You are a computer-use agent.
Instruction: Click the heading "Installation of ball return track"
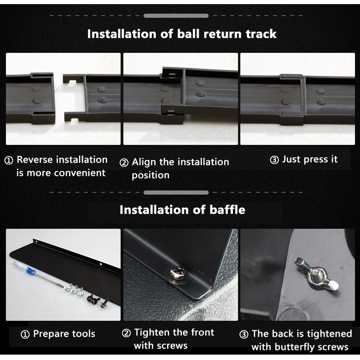click(x=182, y=34)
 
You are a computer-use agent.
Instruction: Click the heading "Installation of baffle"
click(x=182, y=210)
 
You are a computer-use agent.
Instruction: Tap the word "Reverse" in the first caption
click(x=35, y=159)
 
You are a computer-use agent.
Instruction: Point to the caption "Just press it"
click(x=310, y=159)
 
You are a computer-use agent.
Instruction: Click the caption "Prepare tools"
click(x=64, y=334)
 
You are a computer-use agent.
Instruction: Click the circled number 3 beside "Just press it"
click(x=274, y=160)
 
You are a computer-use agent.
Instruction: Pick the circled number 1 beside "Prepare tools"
click(x=25, y=334)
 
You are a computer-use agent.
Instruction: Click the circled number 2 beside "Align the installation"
click(x=124, y=163)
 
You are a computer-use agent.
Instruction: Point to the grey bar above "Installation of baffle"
click(x=176, y=192)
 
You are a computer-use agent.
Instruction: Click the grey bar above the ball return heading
click(x=176, y=16)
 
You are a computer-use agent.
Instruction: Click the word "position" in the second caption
click(x=151, y=175)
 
